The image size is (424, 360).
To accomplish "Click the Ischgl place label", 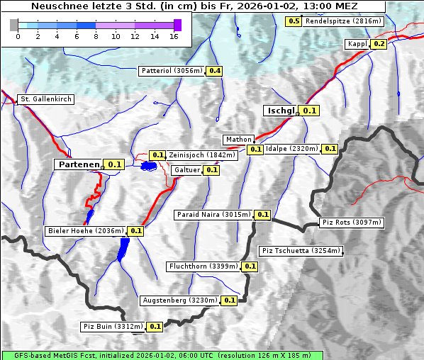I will click(281, 111).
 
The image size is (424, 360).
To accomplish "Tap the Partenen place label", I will click(79, 164).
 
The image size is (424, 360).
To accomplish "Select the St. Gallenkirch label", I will click(45, 99).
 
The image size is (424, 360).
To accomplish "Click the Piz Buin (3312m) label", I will click(113, 327).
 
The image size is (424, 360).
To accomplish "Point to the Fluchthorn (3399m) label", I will click(203, 266).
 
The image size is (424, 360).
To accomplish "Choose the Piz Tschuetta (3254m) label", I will click(301, 251).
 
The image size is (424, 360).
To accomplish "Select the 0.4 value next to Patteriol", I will click(214, 71).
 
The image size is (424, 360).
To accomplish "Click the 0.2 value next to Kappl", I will click(379, 44).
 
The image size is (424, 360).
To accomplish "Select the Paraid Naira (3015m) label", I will click(213, 214).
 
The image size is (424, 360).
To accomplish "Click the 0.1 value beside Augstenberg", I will click(229, 300).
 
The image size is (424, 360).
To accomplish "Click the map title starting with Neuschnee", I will click(194, 6).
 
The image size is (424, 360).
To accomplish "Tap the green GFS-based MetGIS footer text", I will click(162, 355).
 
